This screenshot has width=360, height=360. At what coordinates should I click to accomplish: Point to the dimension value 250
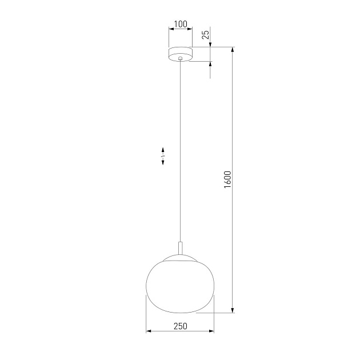pyautogui.click(x=180, y=326)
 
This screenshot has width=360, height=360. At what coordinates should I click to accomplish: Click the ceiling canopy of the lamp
pyautogui.click(x=181, y=54)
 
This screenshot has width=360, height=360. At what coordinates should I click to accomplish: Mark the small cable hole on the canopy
pyautogui.click(x=181, y=58)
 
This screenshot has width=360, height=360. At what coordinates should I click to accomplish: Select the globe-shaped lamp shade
pyautogui.click(x=180, y=286)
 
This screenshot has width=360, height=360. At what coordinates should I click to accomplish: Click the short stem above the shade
pyautogui.click(x=181, y=249)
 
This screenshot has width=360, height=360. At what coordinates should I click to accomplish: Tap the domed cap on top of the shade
pyautogui.click(x=181, y=259)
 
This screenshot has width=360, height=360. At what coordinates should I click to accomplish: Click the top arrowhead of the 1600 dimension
pyautogui.click(x=233, y=50)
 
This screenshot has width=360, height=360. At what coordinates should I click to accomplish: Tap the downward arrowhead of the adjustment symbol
pyautogui.click(x=163, y=163)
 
